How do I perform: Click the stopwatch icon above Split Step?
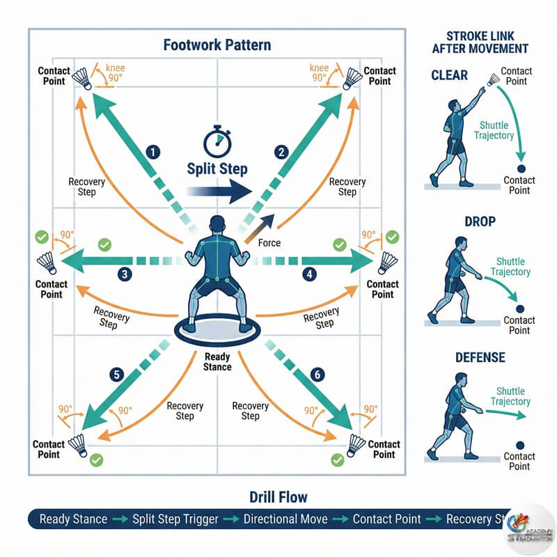pos(217,140)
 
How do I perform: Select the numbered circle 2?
pos(281,151)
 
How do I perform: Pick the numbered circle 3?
pos(125,274)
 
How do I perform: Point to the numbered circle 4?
pos(310,274)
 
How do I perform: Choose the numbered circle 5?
pos(118,375)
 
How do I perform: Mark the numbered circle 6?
pos(317,375)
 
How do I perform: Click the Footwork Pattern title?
pos(217,46)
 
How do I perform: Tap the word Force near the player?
pos(269,243)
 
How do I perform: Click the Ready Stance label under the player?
pos(217,361)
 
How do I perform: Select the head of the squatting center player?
pos(217,227)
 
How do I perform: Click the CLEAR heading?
pos(450,74)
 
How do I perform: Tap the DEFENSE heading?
pos(480,358)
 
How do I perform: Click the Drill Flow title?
pos(278,497)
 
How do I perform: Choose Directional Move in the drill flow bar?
pos(286,519)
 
